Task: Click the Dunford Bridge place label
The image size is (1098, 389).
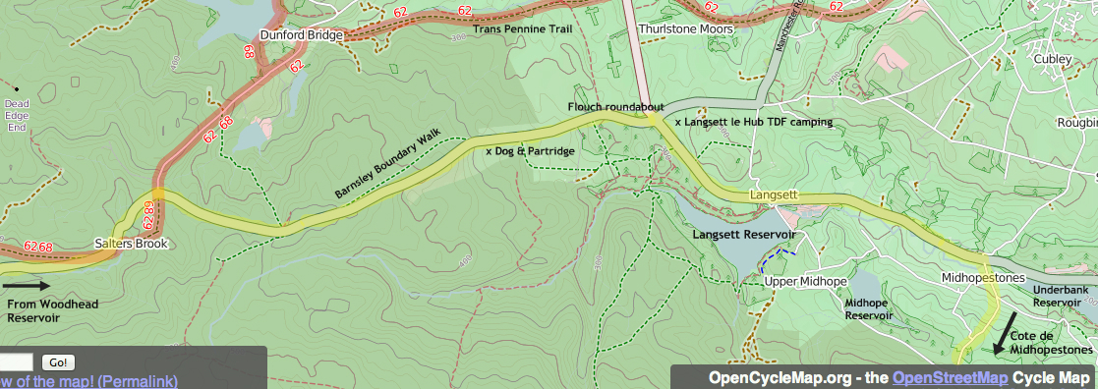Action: tap(301, 35)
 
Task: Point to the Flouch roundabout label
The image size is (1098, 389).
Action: tap(616, 106)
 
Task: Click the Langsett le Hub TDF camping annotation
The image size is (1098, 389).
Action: tap(753, 122)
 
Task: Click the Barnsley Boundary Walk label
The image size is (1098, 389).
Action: tap(388, 164)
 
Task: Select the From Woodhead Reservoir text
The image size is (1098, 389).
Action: tap(53, 311)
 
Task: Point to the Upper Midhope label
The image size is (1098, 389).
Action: tap(806, 282)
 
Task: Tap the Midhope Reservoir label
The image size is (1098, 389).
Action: tap(869, 309)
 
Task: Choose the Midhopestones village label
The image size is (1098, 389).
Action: tap(983, 278)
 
